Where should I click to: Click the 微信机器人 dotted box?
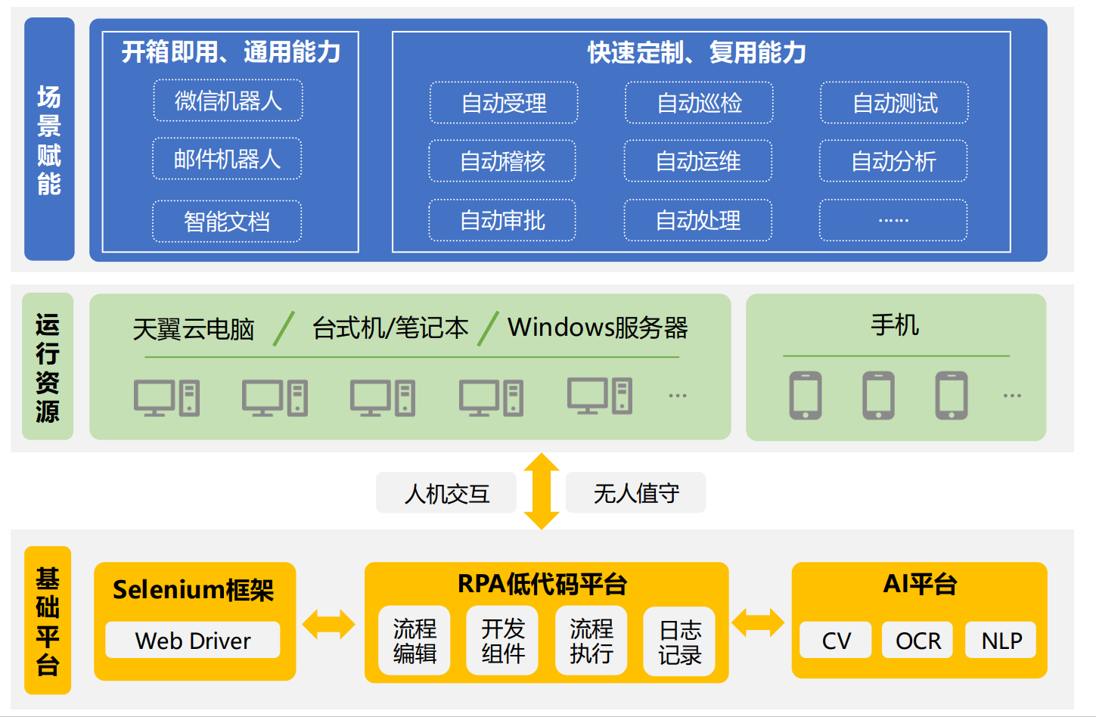pos(228,101)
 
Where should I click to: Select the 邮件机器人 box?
pos(227,159)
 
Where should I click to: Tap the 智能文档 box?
pos(227,221)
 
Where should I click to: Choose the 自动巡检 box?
pos(699,103)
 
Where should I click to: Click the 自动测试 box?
pos(894,103)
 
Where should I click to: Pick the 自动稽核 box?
pos(502,161)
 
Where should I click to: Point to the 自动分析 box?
pos(893,161)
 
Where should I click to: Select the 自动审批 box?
pos(502,220)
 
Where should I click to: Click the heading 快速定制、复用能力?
pos(697,52)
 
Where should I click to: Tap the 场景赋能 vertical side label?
pos(49,139)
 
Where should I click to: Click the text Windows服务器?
pos(598,327)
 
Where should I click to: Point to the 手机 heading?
pos(895,324)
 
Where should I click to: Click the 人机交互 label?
pos(446,492)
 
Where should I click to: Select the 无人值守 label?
pos(635,492)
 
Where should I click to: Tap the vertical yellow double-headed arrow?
pos(542,491)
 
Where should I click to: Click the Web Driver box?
pos(193,640)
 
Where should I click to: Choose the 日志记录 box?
pos(680,641)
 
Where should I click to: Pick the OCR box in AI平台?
pos(918,640)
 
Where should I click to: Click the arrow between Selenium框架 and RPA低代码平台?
pos(329,624)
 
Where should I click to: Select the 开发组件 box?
pos(502,640)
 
